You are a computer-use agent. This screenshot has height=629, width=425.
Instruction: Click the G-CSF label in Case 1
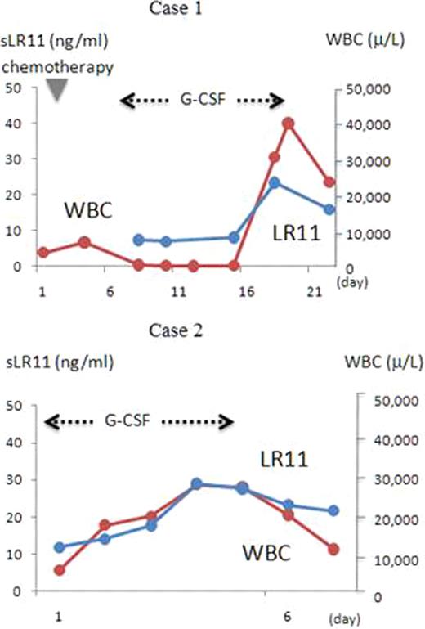coord(201,101)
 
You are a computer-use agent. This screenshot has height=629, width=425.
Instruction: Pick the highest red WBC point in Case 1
coord(288,124)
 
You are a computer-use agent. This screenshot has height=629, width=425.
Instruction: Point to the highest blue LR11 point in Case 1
coord(275,183)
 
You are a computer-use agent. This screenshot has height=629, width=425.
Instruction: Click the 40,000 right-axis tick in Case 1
coord(369,124)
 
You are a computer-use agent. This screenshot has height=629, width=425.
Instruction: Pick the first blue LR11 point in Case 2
coord(59,547)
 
